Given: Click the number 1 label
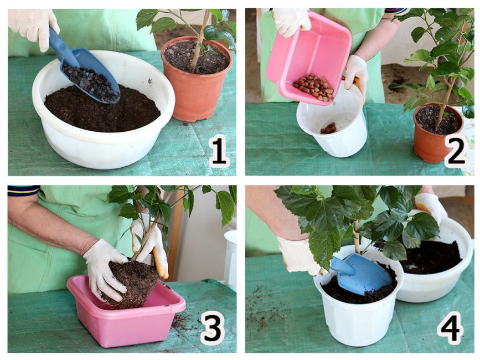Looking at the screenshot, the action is click(x=219, y=151).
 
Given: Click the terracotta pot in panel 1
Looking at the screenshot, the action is click(x=197, y=80).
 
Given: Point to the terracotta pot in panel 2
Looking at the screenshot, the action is click(x=438, y=132).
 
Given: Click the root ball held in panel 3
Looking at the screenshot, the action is click(x=132, y=285).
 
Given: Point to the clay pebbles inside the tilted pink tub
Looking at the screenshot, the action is click(x=313, y=87).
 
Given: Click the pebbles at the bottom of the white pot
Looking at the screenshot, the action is click(x=328, y=128).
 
